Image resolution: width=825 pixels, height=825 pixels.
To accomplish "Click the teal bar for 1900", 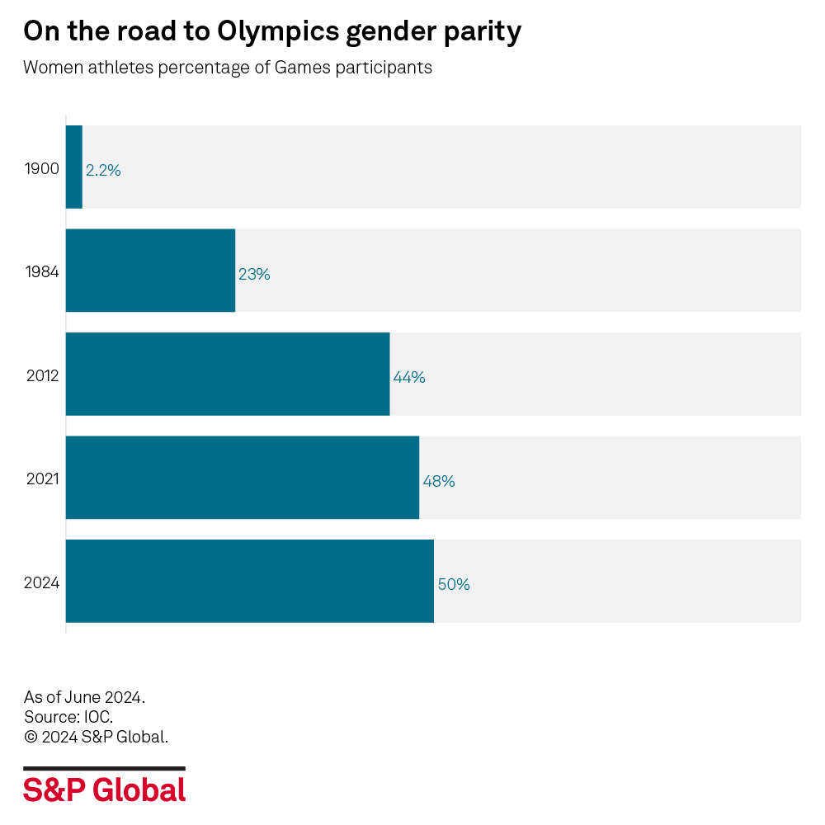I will pyautogui.click(x=74, y=167).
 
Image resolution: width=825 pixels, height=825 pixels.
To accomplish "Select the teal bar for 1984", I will pyautogui.click(x=150, y=271).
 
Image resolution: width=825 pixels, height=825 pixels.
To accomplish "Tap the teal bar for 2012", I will pyautogui.click(x=228, y=374).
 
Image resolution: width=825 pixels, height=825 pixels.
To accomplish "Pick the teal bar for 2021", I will pyautogui.click(x=243, y=478).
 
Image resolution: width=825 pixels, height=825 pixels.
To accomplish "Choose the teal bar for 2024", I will pyautogui.click(x=249, y=581).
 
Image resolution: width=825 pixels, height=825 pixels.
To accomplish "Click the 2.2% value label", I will pyautogui.click(x=103, y=171).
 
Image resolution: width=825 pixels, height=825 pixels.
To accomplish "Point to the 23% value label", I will pyautogui.click(x=254, y=275).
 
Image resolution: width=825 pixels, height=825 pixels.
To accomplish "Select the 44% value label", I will pyautogui.click(x=409, y=378).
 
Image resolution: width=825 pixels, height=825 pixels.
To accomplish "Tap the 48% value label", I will pyautogui.click(x=439, y=481).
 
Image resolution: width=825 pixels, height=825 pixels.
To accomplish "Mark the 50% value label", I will pyautogui.click(x=454, y=585).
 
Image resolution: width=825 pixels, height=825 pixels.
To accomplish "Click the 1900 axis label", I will pyautogui.click(x=42, y=169).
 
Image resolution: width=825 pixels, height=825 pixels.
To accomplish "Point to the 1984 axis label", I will pyautogui.click(x=42, y=272).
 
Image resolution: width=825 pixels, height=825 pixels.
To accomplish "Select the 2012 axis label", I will pyautogui.click(x=42, y=376).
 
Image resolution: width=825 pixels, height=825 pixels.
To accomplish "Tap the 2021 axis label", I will pyautogui.click(x=42, y=479).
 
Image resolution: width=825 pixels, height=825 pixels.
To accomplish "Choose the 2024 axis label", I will pyautogui.click(x=41, y=583).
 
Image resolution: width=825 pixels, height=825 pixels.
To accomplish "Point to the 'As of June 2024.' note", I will pyautogui.click(x=84, y=697).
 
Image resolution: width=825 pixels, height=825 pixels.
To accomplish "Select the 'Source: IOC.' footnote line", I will pyautogui.click(x=68, y=717).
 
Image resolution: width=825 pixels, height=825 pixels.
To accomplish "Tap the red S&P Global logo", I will pyautogui.click(x=104, y=790).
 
